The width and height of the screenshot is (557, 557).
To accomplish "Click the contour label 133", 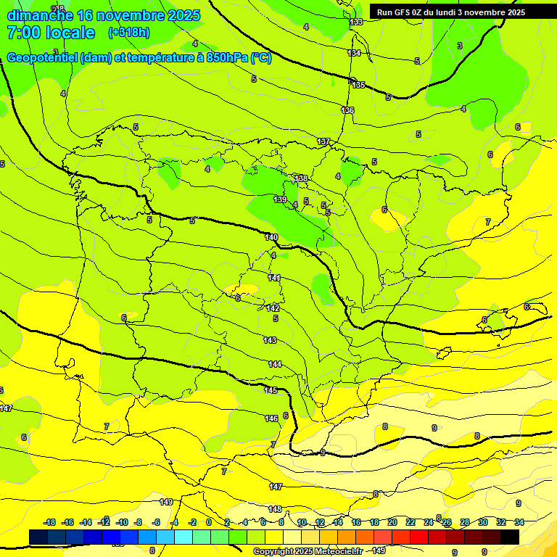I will [x=356, y=22].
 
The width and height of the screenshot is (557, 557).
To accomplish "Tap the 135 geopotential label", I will [x=358, y=85].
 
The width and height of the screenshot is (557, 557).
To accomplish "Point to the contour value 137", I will [x=323, y=141].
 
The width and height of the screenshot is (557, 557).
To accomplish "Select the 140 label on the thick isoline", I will [x=271, y=237].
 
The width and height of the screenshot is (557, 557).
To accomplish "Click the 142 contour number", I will [x=273, y=308].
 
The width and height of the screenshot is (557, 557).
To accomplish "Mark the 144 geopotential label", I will [x=275, y=364].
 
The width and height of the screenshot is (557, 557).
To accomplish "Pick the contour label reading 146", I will [x=271, y=418].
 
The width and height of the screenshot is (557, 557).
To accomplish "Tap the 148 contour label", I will [x=275, y=509].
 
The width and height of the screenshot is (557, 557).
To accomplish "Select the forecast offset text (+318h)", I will [x=130, y=33].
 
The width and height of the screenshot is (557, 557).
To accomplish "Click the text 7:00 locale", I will [x=51, y=33].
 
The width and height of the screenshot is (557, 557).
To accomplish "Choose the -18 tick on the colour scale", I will [x=50, y=522].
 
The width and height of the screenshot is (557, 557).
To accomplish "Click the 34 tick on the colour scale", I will [x=519, y=522].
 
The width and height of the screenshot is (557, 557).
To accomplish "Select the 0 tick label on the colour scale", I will [x=209, y=522].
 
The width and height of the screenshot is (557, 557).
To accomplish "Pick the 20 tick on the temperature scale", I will [x=392, y=522].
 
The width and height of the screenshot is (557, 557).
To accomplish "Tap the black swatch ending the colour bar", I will [x=510, y=537].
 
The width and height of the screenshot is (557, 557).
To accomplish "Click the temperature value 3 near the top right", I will [x=459, y=46].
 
